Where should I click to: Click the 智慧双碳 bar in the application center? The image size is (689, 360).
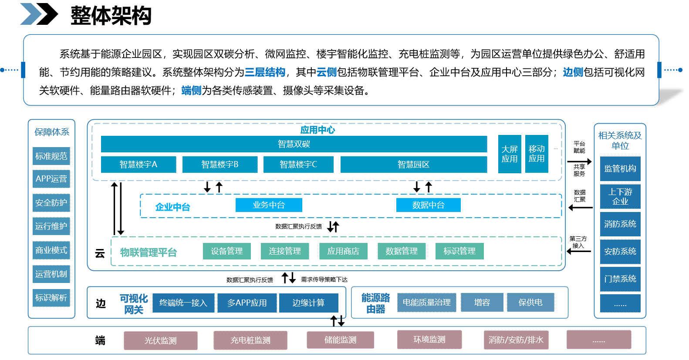click(x=294, y=144)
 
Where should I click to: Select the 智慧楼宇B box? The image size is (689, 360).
click(x=220, y=165)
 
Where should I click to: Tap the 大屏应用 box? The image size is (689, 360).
click(x=510, y=154)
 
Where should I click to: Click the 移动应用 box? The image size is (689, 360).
click(x=537, y=154)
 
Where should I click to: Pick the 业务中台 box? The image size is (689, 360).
click(x=269, y=205)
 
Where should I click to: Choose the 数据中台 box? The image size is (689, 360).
click(x=428, y=205)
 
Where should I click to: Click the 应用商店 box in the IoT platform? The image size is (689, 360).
click(x=343, y=251)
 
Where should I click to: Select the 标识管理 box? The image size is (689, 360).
click(x=459, y=251)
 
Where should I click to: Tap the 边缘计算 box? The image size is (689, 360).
click(x=308, y=303)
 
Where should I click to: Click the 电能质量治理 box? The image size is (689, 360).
click(x=426, y=303)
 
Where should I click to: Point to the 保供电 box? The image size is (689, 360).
click(x=530, y=303)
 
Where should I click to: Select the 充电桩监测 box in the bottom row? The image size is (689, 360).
click(x=250, y=340)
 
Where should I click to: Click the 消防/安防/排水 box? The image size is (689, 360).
click(x=516, y=340)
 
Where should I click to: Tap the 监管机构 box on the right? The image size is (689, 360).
click(x=620, y=169)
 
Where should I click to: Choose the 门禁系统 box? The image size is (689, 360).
click(x=620, y=279)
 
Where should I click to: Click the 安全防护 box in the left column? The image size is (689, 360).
click(x=51, y=203)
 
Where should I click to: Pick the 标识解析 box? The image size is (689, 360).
click(x=51, y=298)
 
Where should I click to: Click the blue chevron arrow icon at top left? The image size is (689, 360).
click(x=30, y=14)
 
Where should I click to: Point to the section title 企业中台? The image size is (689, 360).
click(x=173, y=207)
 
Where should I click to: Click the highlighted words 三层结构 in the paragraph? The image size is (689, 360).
click(x=265, y=72)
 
